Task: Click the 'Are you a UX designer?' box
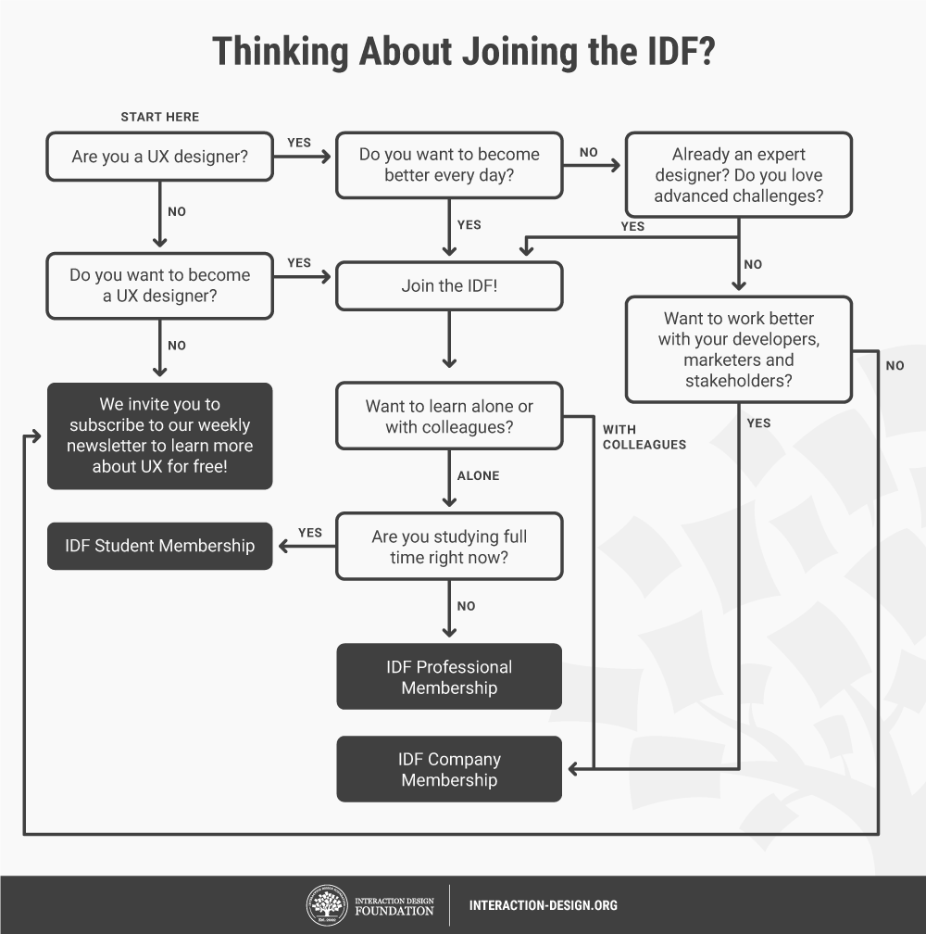point(160,157)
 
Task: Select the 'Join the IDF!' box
point(449,285)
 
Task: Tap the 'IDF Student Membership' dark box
point(160,546)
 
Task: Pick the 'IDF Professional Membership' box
point(449,676)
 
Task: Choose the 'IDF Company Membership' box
point(449,769)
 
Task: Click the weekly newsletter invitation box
point(160,435)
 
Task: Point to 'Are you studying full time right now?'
point(449,547)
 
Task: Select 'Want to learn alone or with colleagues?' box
point(449,416)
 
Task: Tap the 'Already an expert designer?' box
point(739,175)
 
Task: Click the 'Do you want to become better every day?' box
point(449,165)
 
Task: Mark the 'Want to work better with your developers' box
point(739,349)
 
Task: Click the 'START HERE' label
point(160,117)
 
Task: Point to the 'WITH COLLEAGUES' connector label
point(644,437)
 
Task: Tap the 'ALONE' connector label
point(478,475)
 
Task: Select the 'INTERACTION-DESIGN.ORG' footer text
point(544,905)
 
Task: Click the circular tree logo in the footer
point(327,905)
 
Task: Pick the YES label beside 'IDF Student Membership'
point(310,533)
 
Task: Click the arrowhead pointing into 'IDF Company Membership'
point(573,769)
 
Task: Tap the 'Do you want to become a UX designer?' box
point(160,285)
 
